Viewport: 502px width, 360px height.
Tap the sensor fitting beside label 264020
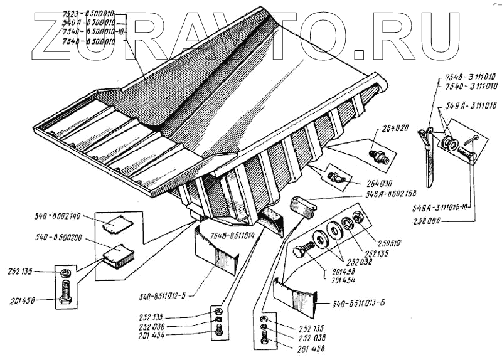click(x=376, y=154)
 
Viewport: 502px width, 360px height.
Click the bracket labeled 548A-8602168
click(x=302, y=206)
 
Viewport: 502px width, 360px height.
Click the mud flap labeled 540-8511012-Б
click(x=216, y=251)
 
